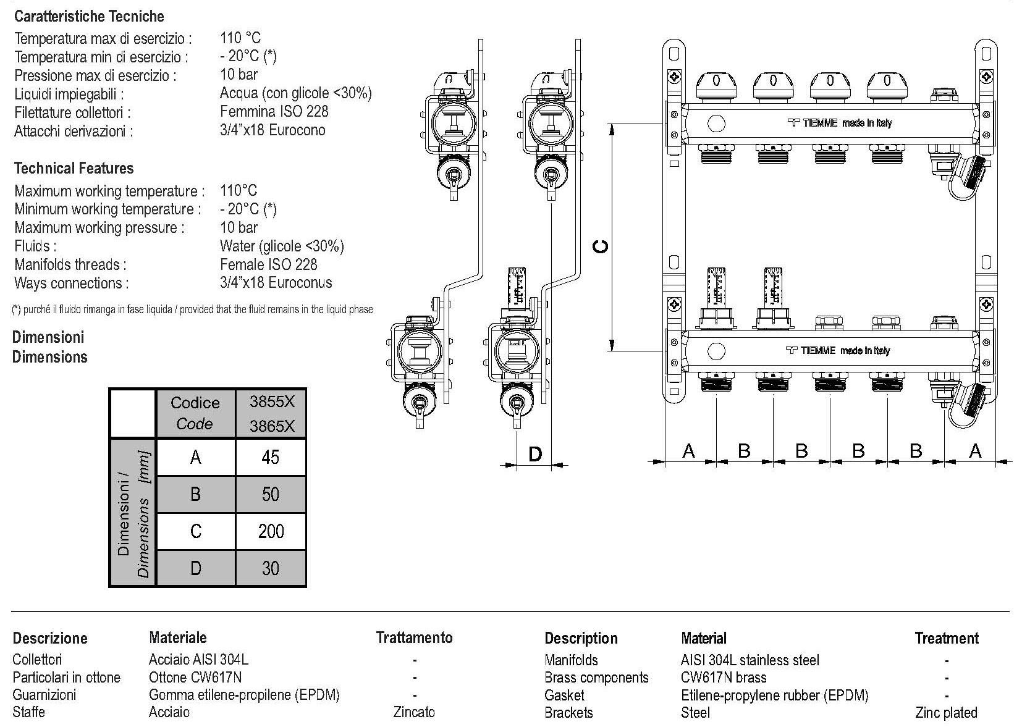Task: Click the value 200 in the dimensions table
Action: pyautogui.click(x=271, y=531)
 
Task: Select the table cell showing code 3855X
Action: pyautogui.click(x=272, y=402)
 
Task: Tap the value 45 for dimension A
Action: pyautogui.click(x=271, y=457)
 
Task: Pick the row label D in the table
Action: pyautogui.click(x=195, y=568)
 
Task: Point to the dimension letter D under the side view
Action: pyautogui.click(x=535, y=455)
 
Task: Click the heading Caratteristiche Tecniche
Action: pyautogui.click(x=89, y=16)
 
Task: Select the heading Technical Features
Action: pyautogui.click(x=74, y=168)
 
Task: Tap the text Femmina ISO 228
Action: pyautogui.click(x=274, y=112)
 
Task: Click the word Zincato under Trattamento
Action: pyautogui.click(x=414, y=712)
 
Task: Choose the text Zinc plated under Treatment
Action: pyautogui.click(x=946, y=713)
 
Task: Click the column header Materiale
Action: pyautogui.click(x=177, y=637)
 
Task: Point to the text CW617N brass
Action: pyautogui.click(x=724, y=678)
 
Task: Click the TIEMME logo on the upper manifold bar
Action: pyautogui.click(x=812, y=123)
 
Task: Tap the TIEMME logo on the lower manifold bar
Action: pyautogui.click(x=810, y=351)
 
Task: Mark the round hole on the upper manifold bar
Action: pyautogui.click(x=716, y=124)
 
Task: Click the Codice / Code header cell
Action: pyautogui.click(x=195, y=413)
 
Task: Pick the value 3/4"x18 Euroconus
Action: pyautogui.click(x=276, y=283)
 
